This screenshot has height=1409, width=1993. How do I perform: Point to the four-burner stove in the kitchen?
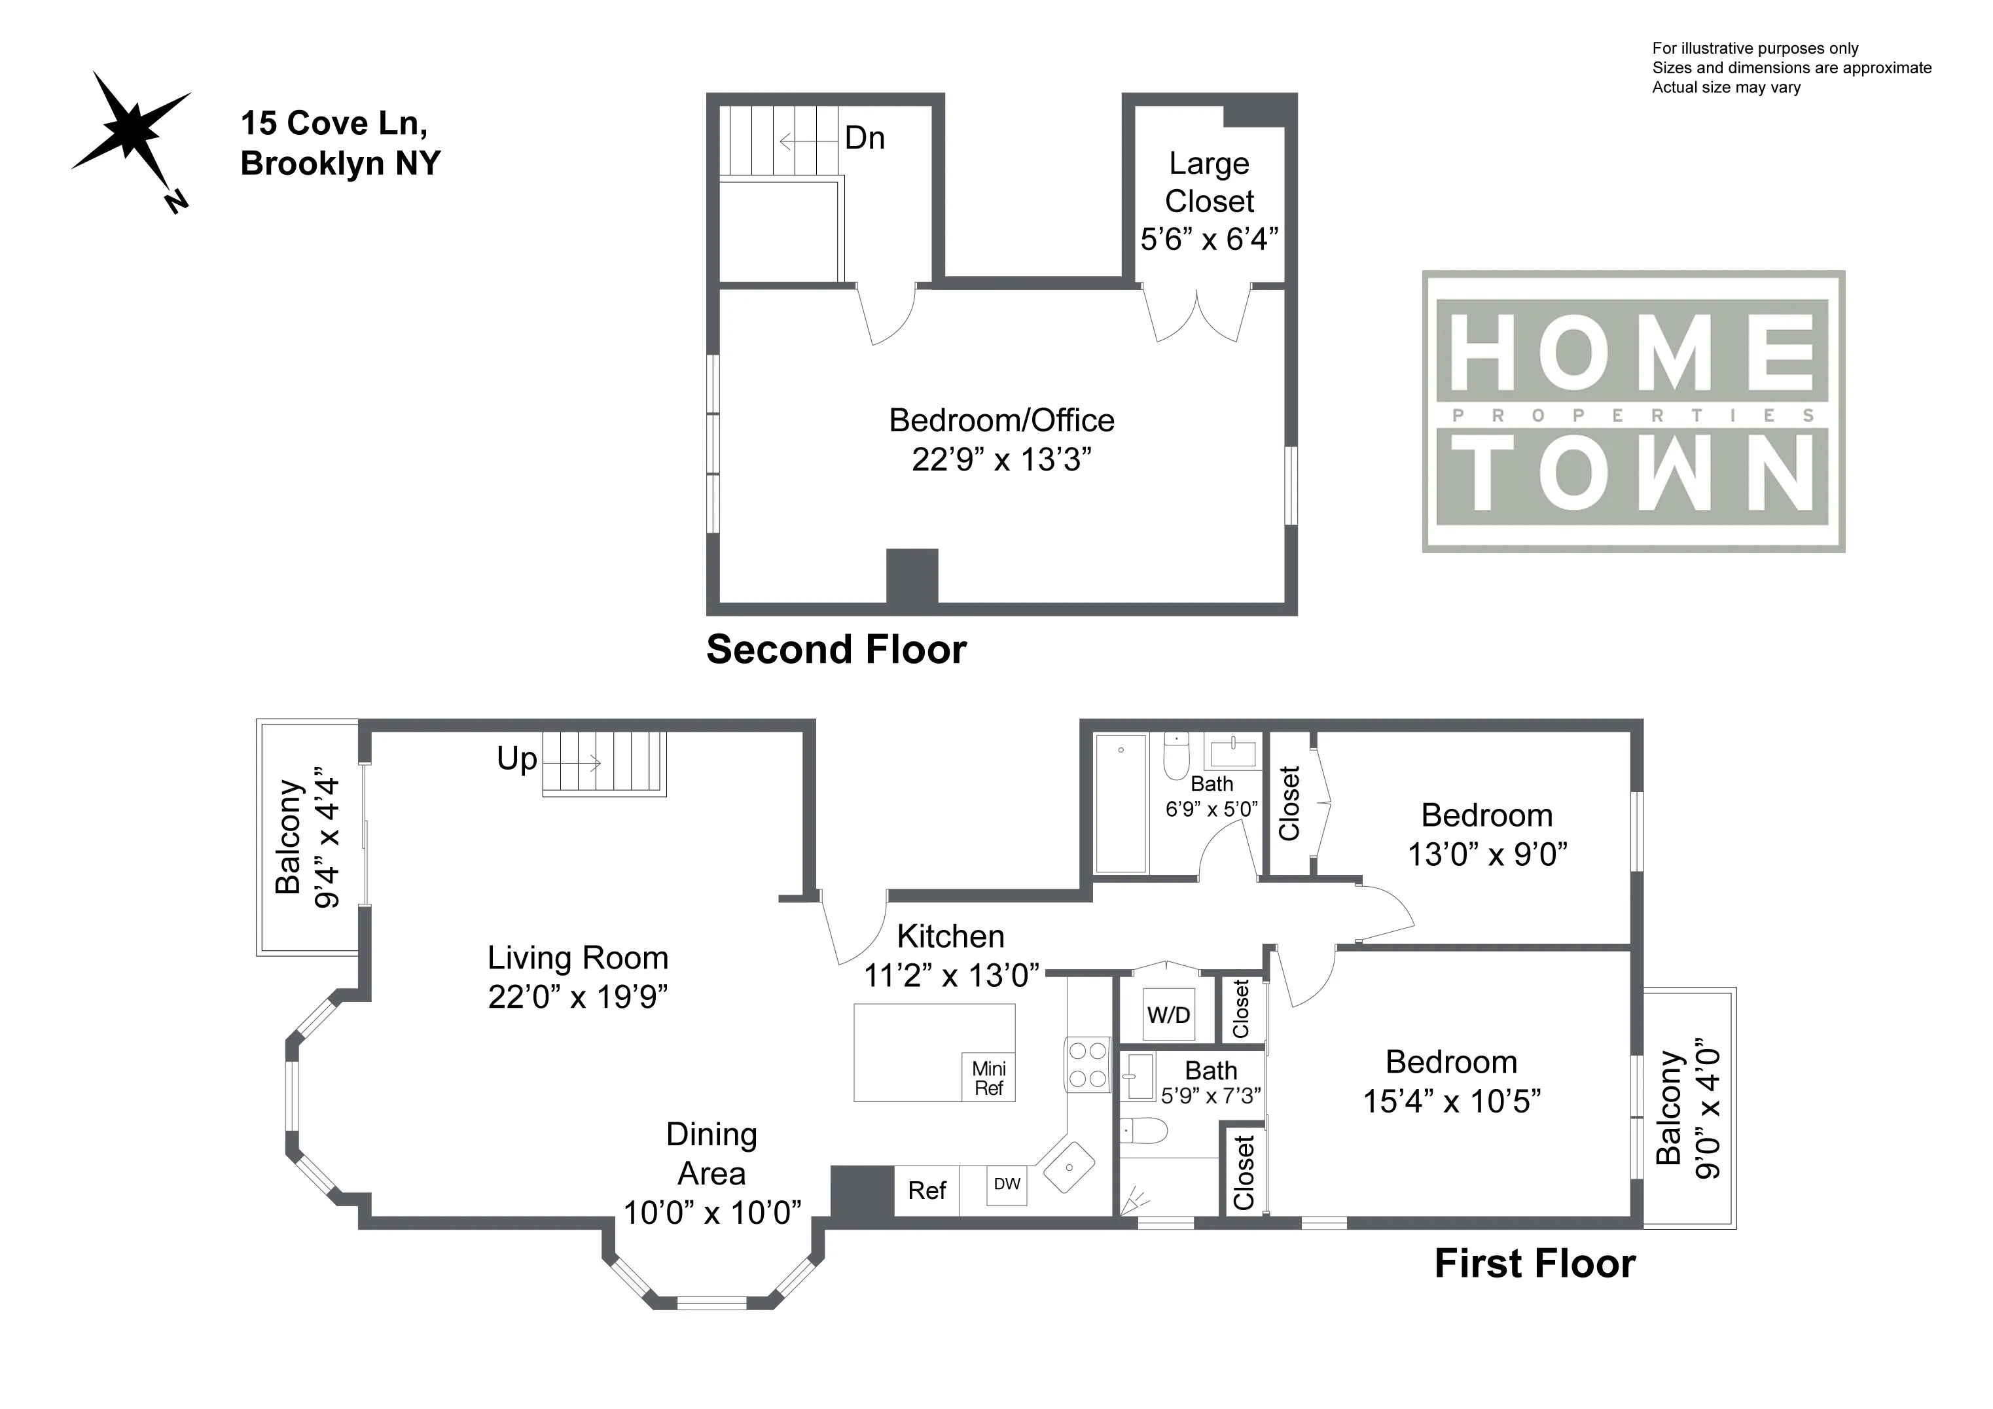(1088, 1065)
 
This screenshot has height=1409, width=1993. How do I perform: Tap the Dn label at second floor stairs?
(865, 138)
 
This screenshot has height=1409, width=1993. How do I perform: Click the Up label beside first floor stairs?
(516, 758)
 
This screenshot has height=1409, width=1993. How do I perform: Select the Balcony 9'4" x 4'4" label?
(306, 837)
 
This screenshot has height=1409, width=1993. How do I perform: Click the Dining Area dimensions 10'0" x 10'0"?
(712, 1213)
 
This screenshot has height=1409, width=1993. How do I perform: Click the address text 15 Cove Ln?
(334, 123)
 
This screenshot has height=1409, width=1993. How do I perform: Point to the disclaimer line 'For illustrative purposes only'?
(1755, 48)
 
